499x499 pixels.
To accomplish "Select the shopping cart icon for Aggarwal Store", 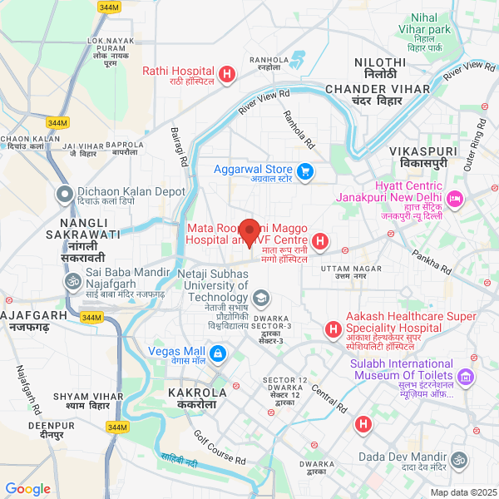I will click(305, 172).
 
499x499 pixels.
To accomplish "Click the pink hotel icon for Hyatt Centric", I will click(455, 199).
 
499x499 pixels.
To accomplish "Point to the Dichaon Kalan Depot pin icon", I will click(64, 195).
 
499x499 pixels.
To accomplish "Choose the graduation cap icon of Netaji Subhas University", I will click(261, 298).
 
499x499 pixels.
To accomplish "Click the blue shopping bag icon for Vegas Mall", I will click(218, 354).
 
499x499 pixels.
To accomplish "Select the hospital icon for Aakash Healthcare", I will click(333, 330).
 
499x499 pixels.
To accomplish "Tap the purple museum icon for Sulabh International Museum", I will click(467, 378).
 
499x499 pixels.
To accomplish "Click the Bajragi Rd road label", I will click(178, 140).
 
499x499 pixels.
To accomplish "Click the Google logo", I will click(27, 489).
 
